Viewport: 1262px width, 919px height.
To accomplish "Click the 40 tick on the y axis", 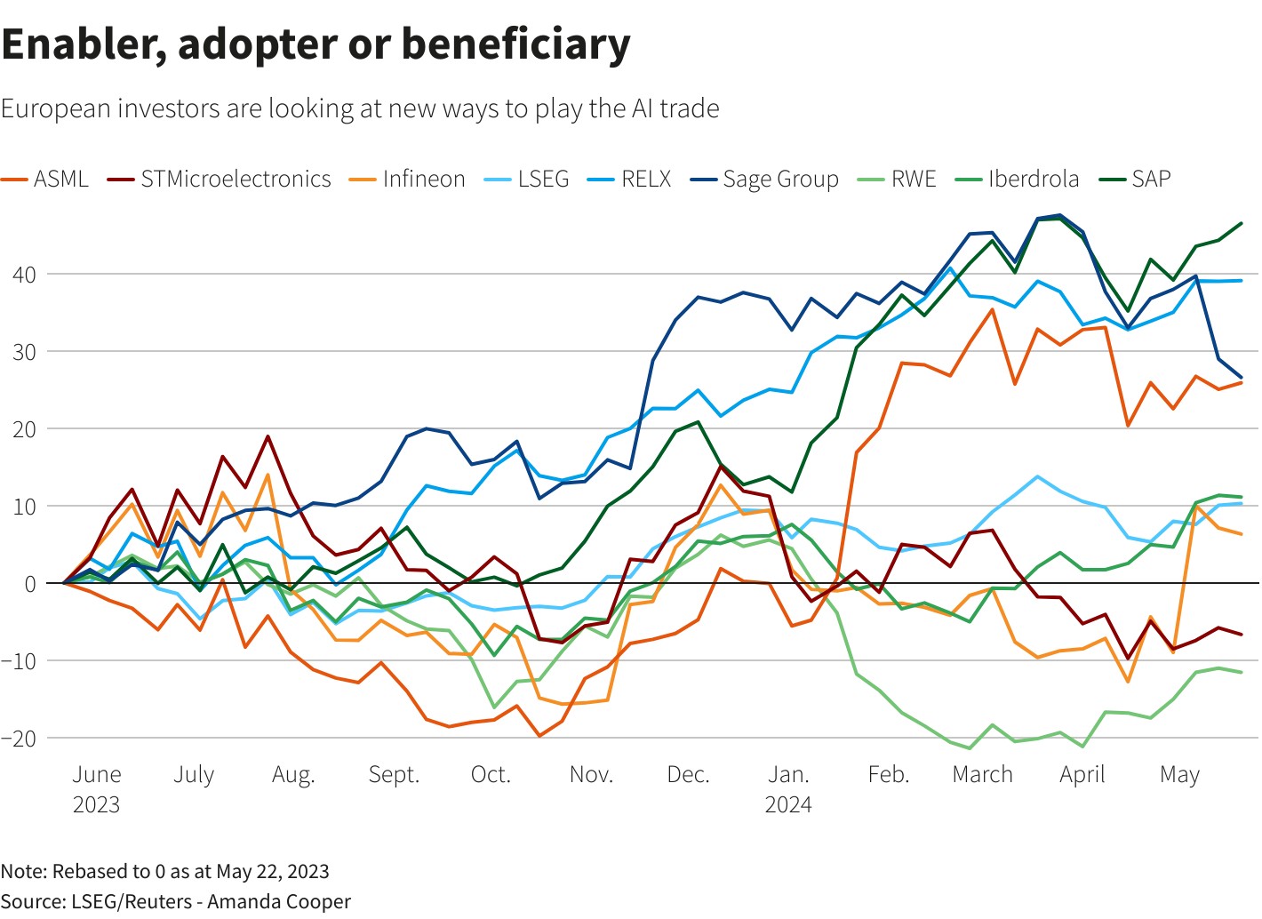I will (x=24, y=275).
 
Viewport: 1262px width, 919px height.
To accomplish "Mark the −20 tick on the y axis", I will (x=19, y=738).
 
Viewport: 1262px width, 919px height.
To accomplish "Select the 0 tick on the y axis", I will (x=30, y=584).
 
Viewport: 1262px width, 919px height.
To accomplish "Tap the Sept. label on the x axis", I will (x=394, y=774).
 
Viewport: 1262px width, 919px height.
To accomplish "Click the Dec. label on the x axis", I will (x=688, y=774).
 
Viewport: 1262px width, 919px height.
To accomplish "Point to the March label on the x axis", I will (x=982, y=774).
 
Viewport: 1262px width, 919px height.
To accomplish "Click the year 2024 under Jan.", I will (x=788, y=804).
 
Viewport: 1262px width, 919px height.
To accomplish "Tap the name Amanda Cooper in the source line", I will (x=279, y=901).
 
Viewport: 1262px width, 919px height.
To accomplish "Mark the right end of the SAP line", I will (x=1241, y=223).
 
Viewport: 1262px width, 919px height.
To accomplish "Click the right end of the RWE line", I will (x=1241, y=672).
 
